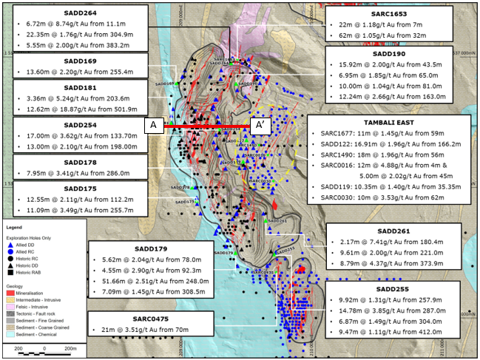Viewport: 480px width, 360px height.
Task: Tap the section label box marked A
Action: tap(153, 126)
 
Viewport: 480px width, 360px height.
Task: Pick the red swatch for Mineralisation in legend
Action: tap(10, 293)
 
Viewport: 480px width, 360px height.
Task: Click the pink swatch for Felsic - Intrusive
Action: tap(10, 306)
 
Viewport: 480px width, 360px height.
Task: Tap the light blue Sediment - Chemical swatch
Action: tap(10, 333)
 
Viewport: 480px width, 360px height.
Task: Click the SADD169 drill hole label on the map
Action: tap(164, 84)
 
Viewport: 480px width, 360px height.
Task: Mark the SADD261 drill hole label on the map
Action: tap(277, 221)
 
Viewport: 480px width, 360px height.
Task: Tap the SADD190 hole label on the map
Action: tap(249, 84)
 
